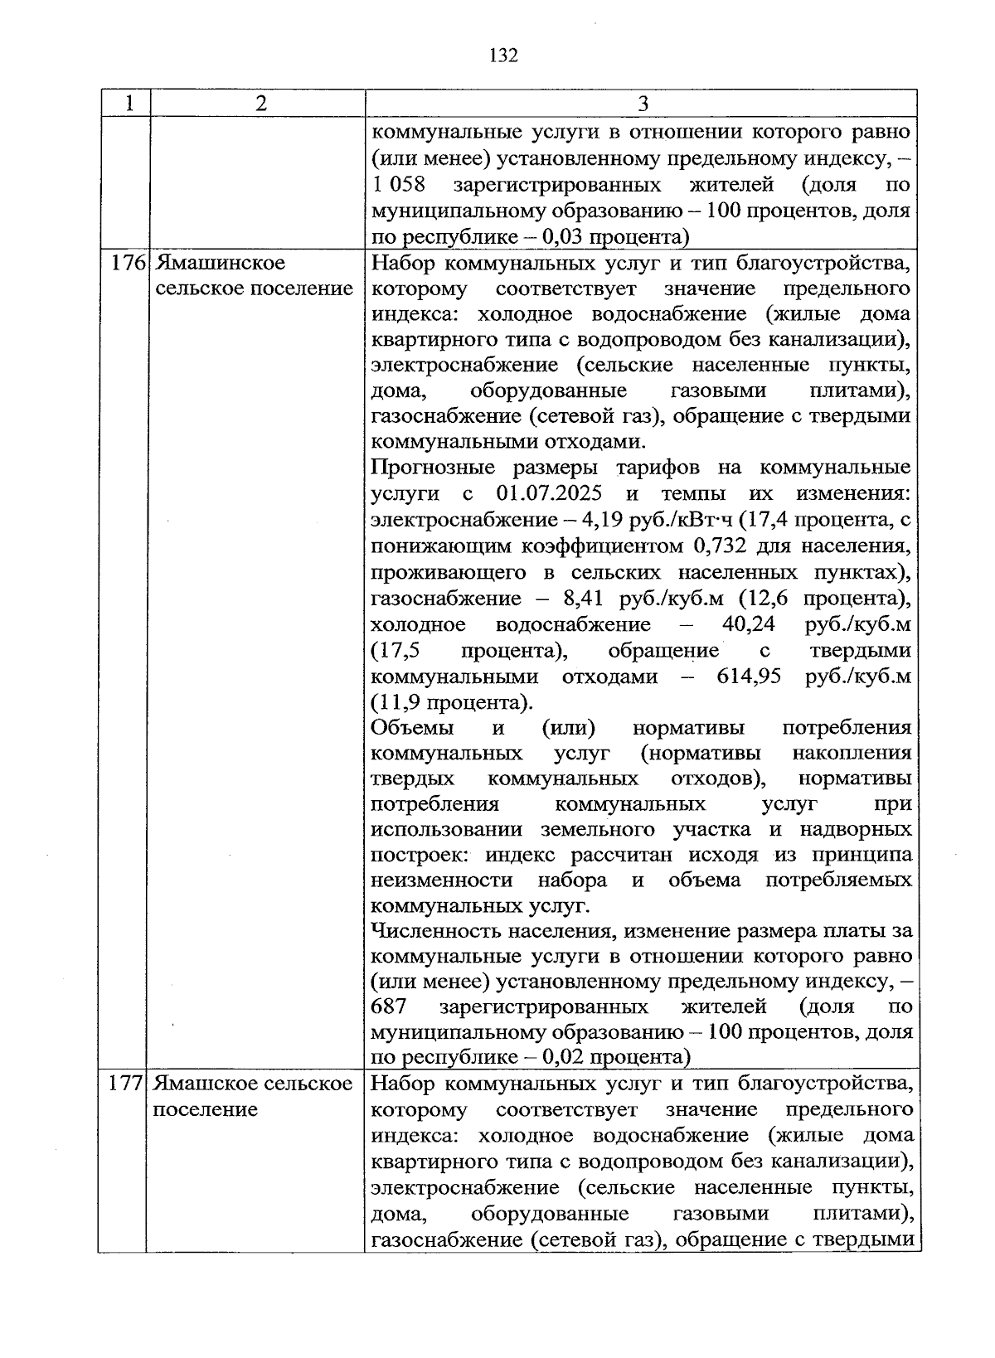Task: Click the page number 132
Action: [503, 56]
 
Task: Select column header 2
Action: [261, 104]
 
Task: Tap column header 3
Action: [643, 104]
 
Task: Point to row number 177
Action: [126, 1084]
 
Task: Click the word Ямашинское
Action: [221, 264]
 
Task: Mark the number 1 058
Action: [399, 184]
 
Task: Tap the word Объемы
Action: [412, 728]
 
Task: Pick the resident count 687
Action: [389, 1007]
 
